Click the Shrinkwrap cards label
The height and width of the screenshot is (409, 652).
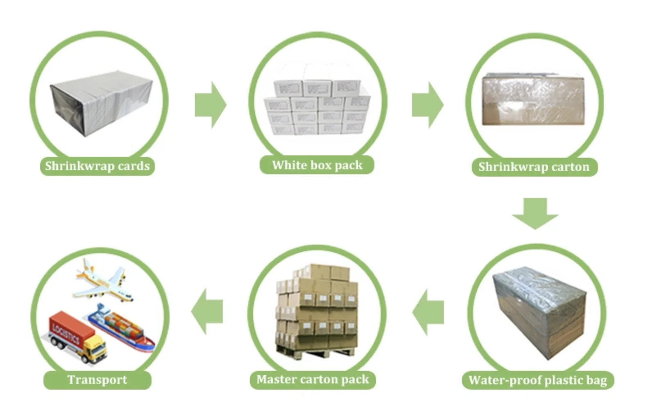[x=97, y=166]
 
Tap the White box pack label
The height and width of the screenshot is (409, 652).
[x=317, y=165]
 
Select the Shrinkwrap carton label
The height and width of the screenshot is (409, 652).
[x=534, y=167]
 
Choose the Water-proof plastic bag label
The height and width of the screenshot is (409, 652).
[x=538, y=380]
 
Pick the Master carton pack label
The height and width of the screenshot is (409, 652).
[x=312, y=379]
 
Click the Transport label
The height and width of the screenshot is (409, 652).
[x=97, y=380]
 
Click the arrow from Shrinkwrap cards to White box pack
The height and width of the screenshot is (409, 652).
[x=210, y=105]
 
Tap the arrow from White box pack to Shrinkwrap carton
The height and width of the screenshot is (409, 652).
[x=427, y=105]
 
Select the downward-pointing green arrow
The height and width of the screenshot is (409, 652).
[x=535, y=213]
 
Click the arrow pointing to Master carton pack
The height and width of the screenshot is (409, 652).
[x=428, y=312]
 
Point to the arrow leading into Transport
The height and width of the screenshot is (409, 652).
[x=207, y=311]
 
